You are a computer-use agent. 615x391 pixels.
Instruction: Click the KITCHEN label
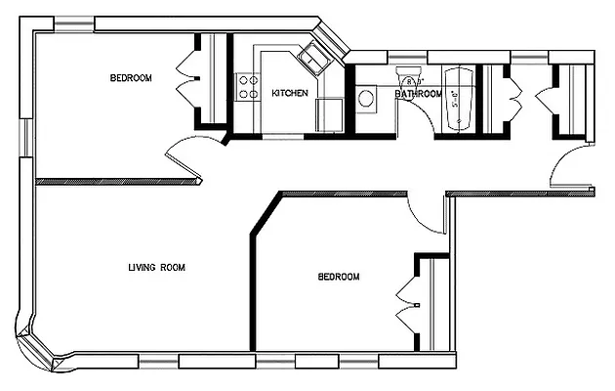[x=290, y=94]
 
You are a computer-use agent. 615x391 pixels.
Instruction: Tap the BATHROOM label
[x=418, y=94]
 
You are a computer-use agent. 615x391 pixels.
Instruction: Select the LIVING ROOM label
[x=157, y=267]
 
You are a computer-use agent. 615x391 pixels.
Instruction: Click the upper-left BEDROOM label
[x=130, y=78]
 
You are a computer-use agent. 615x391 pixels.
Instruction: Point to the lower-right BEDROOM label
[x=339, y=278]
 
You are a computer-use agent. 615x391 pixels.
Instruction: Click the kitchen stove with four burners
[x=245, y=85]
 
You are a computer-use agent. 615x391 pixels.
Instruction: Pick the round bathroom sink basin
[x=367, y=99]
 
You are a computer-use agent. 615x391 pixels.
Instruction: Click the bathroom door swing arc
[x=414, y=114]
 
